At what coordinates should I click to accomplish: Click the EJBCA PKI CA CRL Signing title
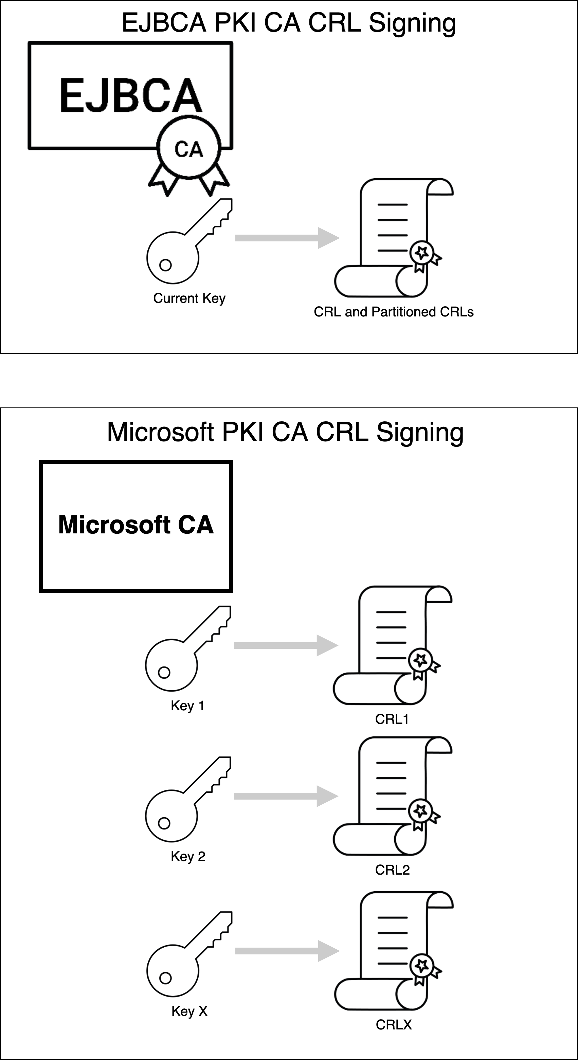289,23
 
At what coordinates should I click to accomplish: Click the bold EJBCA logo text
131,95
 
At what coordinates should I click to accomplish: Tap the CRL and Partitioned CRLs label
394,312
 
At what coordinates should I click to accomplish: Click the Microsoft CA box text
136,525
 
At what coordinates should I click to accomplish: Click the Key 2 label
188,856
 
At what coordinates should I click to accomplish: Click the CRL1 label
392,719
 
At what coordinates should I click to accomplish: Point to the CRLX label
394,1025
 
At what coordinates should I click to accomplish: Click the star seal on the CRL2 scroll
420,811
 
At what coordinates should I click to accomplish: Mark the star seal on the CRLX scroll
421,965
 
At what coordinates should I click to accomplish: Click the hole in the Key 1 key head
164,672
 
